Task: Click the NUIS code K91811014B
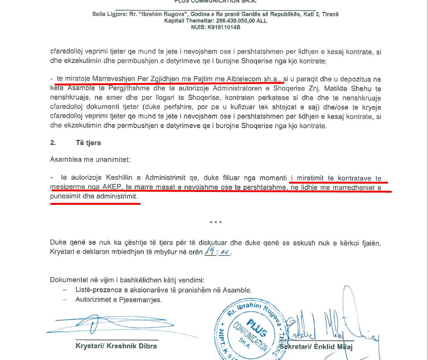[224, 27]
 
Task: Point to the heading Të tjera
[88, 143]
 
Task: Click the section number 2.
[53, 143]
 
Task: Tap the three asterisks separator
[216, 223]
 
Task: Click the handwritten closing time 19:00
[217, 252]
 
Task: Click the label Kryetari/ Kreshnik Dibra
[116, 346]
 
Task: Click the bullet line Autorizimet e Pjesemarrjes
[118, 300]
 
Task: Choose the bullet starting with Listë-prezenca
[163, 290]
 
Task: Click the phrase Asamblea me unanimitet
[90, 159]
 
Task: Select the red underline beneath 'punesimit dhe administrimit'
[95, 203]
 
